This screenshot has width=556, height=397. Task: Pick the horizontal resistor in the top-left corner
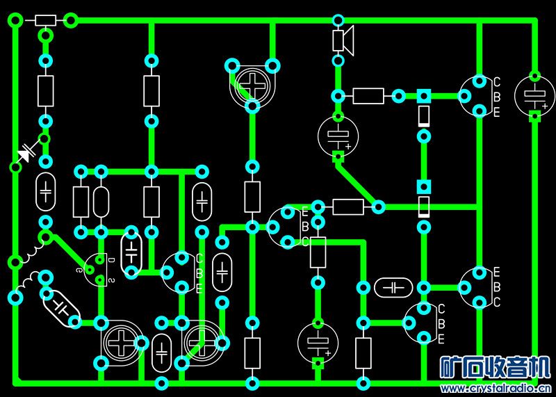pos(45,21)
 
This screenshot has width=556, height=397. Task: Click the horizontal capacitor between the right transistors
pos(393,286)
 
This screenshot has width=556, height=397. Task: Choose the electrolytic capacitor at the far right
pos(534,95)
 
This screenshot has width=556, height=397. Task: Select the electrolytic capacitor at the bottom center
pos(318,341)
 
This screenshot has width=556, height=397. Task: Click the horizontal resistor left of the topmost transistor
pos(368,96)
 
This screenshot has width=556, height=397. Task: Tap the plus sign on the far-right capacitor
pos(544,106)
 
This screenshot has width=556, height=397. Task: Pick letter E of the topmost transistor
pos(496,113)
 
